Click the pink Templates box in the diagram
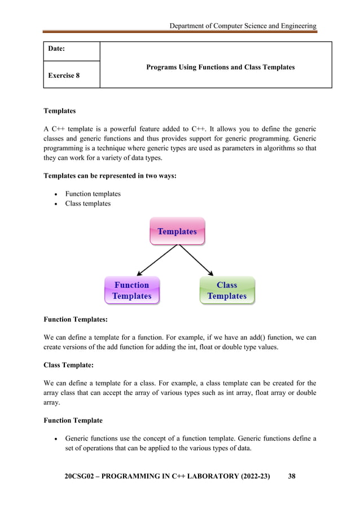pos(177,231)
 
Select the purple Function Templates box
pos(132,291)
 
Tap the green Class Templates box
pos(227,291)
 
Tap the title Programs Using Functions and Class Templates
pos(220,67)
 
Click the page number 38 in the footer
pos(292,476)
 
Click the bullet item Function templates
pos(93,194)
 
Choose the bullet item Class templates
pos(87,203)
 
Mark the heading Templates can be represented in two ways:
pos(110,175)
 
